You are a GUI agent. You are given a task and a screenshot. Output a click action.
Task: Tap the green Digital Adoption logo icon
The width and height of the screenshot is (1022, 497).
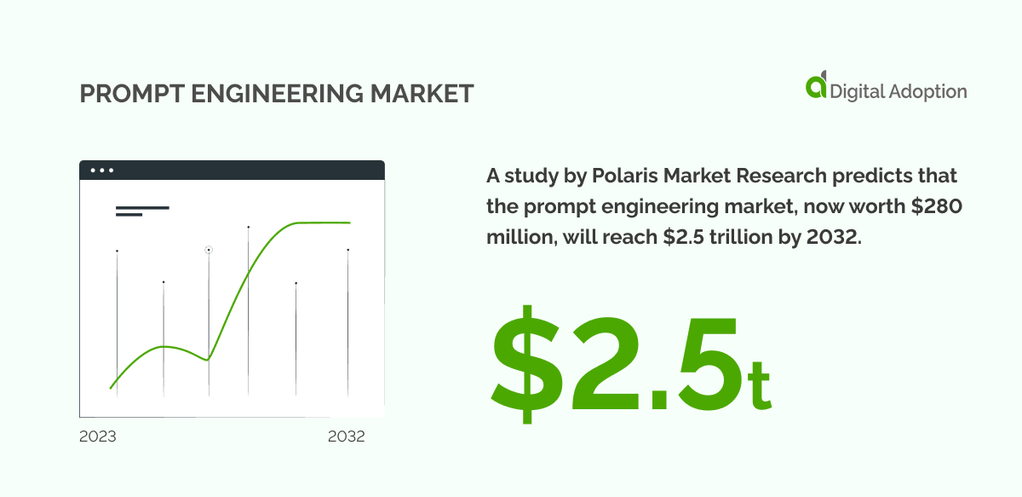[x=816, y=87]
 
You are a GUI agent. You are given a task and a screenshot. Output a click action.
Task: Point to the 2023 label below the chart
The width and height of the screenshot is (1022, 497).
[x=98, y=436]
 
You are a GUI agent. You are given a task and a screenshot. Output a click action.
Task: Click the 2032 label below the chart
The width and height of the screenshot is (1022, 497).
[x=347, y=436]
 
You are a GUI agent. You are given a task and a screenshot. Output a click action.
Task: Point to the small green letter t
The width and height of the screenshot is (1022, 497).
[x=758, y=384]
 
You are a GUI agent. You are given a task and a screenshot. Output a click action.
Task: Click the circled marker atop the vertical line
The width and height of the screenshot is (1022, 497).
[x=209, y=250]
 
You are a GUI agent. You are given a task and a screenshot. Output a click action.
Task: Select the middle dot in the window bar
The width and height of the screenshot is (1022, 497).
[x=102, y=170]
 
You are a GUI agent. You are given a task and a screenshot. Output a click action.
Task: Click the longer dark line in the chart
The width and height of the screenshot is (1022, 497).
[x=142, y=207]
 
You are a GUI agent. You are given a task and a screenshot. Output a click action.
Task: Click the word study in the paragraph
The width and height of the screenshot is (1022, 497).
[x=525, y=176]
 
